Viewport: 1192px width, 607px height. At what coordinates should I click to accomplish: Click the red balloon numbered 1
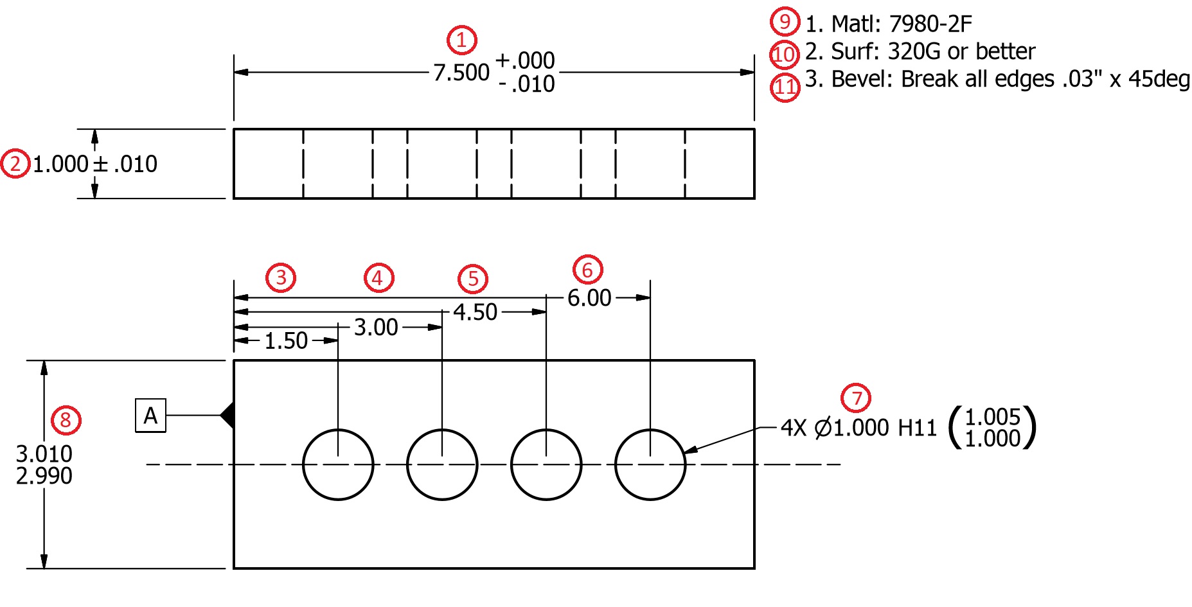tap(461, 40)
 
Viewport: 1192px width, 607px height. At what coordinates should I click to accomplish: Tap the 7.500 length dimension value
tap(461, 73)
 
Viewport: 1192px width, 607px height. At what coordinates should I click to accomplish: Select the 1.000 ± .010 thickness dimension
tap(94, 164)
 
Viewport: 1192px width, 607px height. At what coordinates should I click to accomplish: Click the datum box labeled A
tap(150, 416)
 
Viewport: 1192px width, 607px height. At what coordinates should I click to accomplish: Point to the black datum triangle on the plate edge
tap(227, 415)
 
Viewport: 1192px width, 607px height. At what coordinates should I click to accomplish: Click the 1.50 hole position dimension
tap(286, 341)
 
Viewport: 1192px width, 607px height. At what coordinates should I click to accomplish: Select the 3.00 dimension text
tap(376, 328)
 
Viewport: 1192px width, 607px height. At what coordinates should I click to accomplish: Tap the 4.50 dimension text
tap(475, 313)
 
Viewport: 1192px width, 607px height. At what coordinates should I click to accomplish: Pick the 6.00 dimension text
tap(589, 298)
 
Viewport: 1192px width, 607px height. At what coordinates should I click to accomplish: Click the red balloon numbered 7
tap(856, 398)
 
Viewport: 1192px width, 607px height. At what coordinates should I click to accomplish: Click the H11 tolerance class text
tap(917, 428)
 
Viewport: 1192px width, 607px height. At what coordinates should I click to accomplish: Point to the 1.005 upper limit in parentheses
tap(992, 417)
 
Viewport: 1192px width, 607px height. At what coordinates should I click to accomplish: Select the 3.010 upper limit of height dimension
tap(44, 454)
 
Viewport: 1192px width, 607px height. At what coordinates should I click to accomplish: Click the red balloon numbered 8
tap(66, 420)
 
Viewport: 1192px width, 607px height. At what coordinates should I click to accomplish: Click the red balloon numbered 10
tap(784, 55)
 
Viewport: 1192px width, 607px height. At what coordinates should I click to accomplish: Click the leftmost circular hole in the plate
tap(338, 464)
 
